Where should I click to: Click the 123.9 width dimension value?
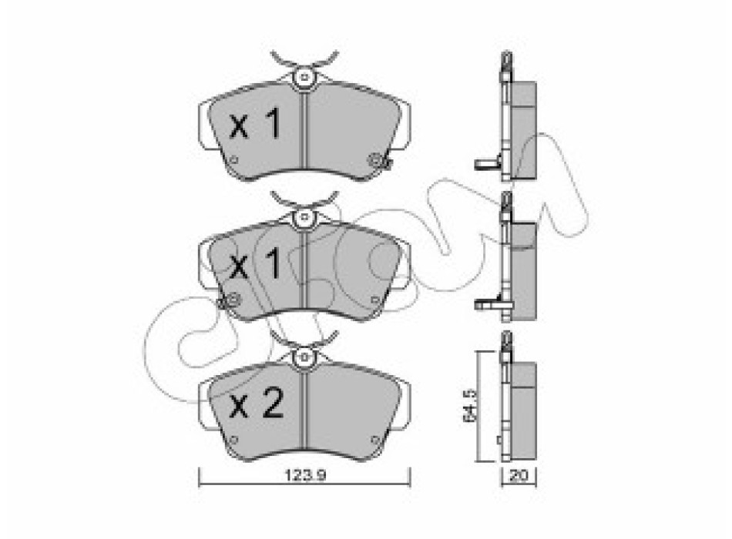click(305, 475)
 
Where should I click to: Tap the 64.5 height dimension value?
click(469, 406)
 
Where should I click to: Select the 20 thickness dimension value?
click(519, 476)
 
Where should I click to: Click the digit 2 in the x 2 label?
click(273, 403)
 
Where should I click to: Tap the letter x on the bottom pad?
click(239, 407)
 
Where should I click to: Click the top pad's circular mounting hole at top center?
click(304, 76)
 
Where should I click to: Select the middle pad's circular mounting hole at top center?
click(304, 216)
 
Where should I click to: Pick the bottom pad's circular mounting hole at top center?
click(304, 357)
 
